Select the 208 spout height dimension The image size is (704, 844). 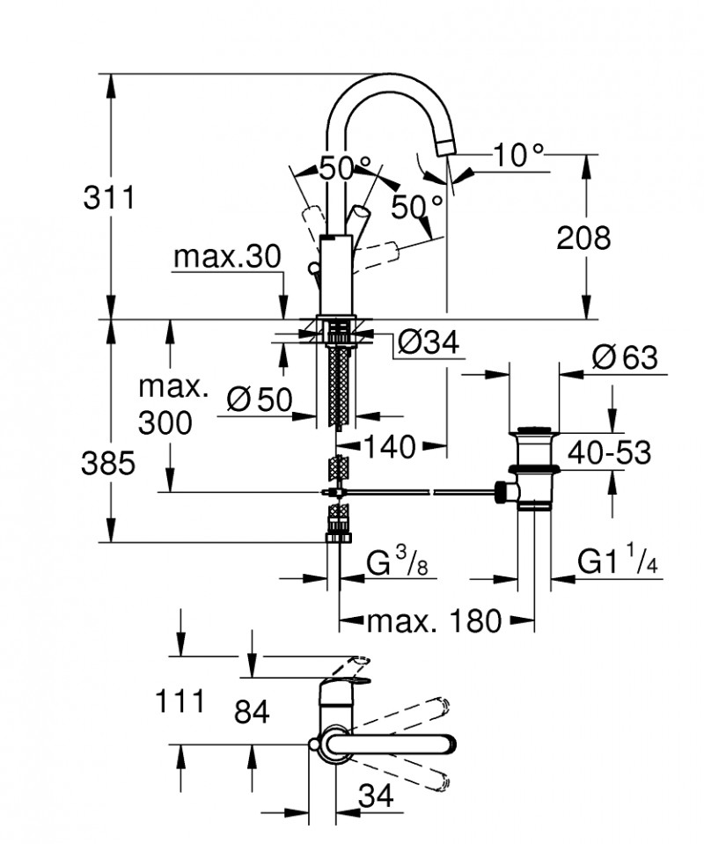(x=583, y=237)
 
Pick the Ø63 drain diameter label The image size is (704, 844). (x=625, y=358)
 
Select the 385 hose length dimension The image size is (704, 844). (x=110, y=463)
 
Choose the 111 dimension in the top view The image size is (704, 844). (x=180, y=701)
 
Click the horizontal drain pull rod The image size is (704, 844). (x=422, y=491)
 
